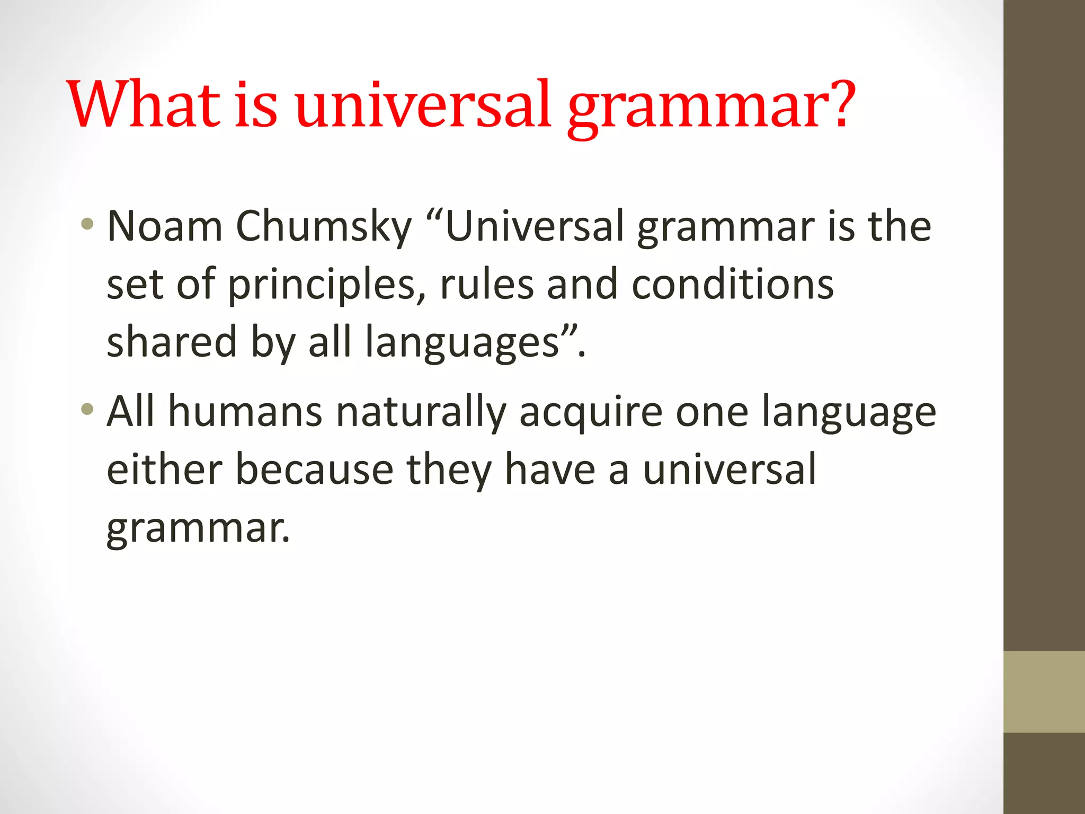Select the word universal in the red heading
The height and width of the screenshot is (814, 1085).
[423, 104]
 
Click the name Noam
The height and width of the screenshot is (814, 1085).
[165, 227]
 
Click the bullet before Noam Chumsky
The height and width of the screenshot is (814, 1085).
[87, 224]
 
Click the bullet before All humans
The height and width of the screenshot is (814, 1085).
[87, 410]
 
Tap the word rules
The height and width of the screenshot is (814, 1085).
[486, 285]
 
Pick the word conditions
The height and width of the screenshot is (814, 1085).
[733, 285]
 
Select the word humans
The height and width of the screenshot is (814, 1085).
[245, 412]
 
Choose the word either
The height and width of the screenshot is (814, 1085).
[164, 470]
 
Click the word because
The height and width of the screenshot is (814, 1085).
[314, 470]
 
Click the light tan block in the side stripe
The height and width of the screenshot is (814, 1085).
[1044, 692]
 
